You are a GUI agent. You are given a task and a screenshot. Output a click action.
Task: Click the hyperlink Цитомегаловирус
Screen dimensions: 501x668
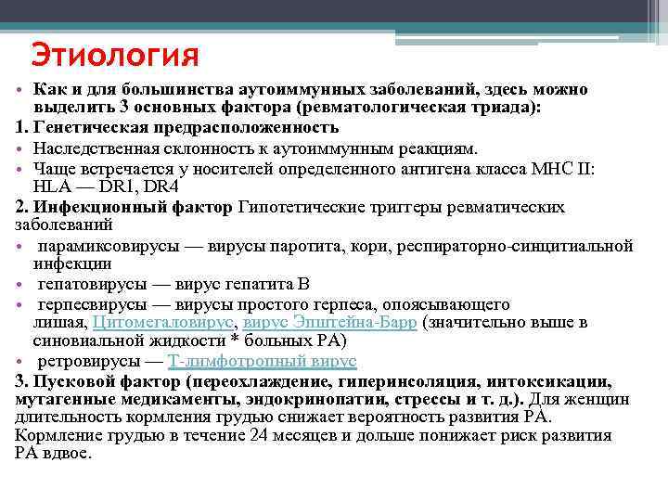165,323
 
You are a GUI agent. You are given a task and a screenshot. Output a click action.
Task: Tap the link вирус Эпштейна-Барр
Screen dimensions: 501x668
329,323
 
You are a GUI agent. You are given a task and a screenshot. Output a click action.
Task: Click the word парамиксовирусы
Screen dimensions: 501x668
97,246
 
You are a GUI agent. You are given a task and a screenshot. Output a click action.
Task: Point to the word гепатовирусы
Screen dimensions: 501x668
85,284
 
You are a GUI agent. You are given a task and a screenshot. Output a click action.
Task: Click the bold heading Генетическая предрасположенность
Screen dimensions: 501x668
186,127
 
